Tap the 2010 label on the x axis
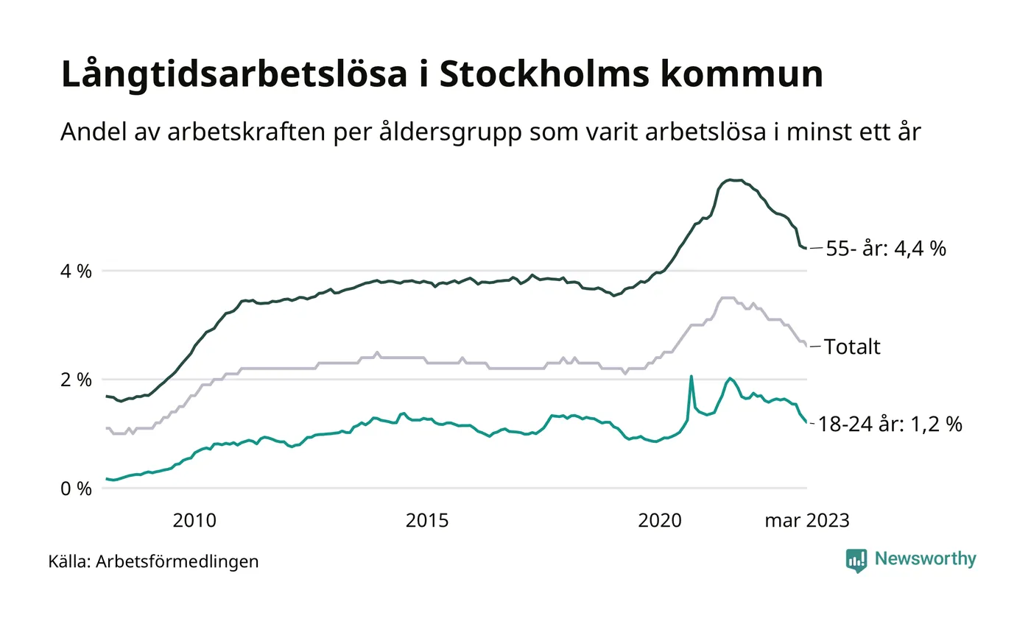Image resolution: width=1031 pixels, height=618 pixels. click(194, 521)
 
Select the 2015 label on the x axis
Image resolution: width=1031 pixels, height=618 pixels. click(427, 521)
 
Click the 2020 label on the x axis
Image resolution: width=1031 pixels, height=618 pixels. click(660, 521)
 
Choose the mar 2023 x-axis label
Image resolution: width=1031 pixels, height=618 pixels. click(807, 521)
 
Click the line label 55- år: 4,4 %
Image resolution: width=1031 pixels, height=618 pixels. click(886, 249)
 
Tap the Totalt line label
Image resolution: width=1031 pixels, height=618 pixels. click(852, 347)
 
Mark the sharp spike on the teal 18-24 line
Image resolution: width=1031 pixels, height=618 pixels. click(692, 377)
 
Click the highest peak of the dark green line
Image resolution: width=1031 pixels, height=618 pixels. click(730, 180)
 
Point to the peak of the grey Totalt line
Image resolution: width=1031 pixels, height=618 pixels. click(727, 298)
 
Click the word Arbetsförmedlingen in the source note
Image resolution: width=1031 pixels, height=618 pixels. click(177, 561)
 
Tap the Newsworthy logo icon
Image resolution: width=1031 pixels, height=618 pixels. click(856, 561)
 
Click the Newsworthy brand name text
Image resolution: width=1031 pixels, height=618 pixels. click(926, 559)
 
